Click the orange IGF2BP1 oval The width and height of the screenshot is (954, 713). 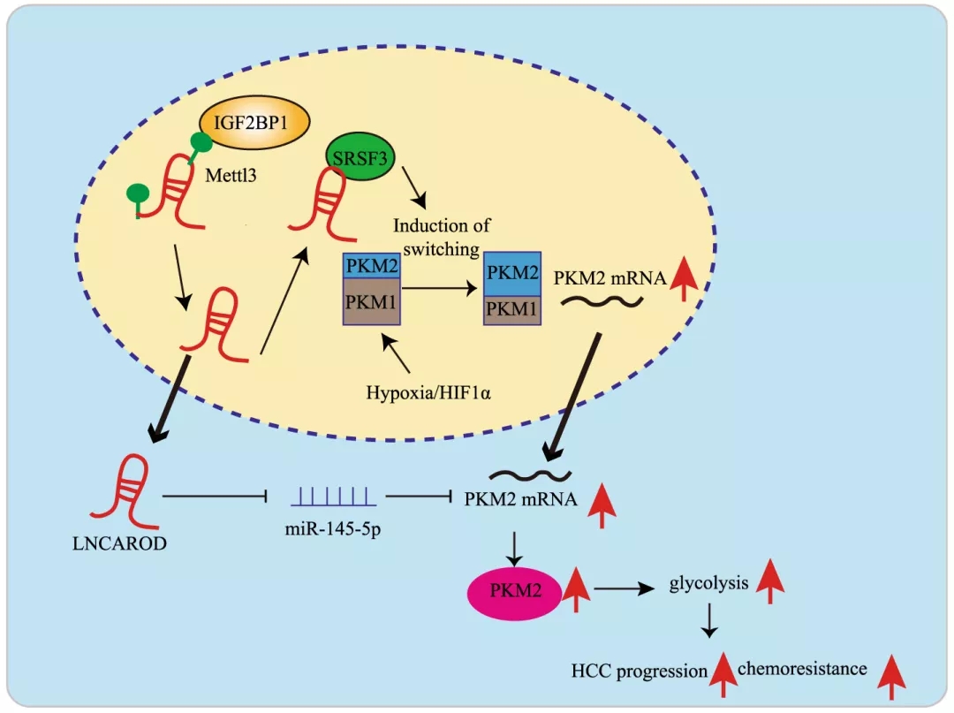tap(254, 122)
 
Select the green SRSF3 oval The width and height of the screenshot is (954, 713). tap(360, 157)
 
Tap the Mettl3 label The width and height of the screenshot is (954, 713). tap(231, 175)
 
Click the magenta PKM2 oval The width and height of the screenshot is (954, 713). tap(515, 591)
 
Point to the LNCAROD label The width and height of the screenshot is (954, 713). tap(119, 542)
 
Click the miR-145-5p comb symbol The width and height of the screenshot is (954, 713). tap(333, 497)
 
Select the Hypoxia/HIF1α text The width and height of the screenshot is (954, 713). tap(428, 392)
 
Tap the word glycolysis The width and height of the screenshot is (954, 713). tap(708, 583)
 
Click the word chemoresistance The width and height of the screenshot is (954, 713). tap(802, 669)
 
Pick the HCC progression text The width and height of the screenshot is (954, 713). tap(639, 671)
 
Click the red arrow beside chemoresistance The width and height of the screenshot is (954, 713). tap(891, 677)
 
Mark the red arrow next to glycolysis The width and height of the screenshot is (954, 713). tap(770, 581)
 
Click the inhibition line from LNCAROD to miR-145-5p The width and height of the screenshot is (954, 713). tap(215, 497)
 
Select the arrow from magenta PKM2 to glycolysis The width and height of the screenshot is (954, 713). tap(624, 588)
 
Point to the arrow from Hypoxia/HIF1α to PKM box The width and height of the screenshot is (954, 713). tap(396, 353)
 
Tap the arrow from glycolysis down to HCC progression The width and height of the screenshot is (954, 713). tap(708, 620)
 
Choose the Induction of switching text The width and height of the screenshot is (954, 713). tap(441, 238)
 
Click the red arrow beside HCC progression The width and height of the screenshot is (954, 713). tap(723, 675)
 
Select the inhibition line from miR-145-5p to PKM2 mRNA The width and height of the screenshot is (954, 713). tap(419, 497)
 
